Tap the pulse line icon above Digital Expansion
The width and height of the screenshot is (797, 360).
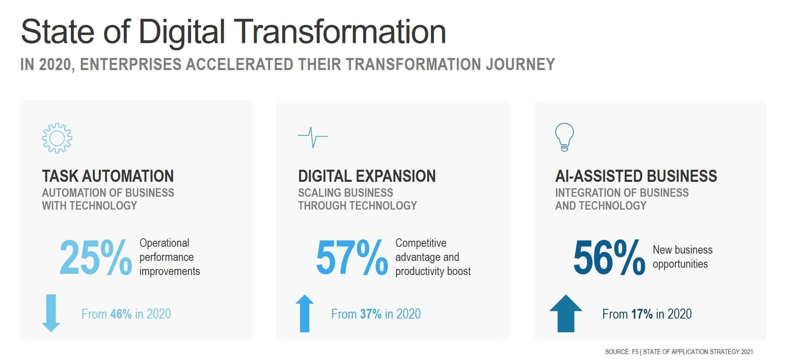coord(313,136)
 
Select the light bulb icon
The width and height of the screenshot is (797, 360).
coord(564,137)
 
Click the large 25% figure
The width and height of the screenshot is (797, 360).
coord(95,257)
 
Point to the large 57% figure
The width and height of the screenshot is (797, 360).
coord(352,257)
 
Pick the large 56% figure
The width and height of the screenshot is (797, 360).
coord(609,257)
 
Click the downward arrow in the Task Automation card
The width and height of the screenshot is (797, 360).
coord(51,313)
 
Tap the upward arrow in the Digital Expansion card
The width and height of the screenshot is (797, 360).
coord(304,313)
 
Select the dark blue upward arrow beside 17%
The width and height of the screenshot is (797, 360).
coord(566,313)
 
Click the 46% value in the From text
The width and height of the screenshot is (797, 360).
coord(121,314)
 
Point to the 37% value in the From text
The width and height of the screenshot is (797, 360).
coord(371,314)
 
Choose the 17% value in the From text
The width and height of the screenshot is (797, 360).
coord(642,314)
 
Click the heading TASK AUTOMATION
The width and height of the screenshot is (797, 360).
coord(108,176)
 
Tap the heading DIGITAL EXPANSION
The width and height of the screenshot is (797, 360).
coord(367,176)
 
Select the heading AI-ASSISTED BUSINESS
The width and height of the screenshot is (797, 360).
coord(636,176)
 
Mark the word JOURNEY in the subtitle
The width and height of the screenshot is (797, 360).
coord(520,64)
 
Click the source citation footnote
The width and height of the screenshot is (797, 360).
coord(679,352)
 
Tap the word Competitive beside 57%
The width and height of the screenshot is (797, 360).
coord(420,243)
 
